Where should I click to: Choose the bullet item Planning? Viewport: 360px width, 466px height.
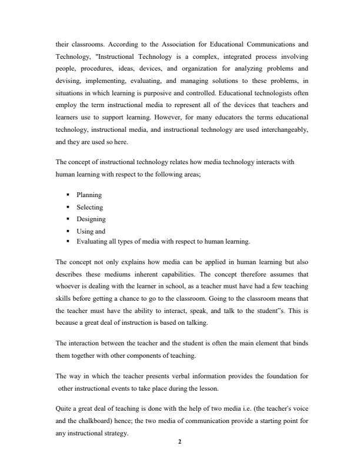pos(89,195)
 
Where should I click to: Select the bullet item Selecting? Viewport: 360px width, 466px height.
pos(90,207)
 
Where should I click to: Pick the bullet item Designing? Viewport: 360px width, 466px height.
pos(91,219)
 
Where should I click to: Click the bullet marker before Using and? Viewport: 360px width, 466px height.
pos(69,231)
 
